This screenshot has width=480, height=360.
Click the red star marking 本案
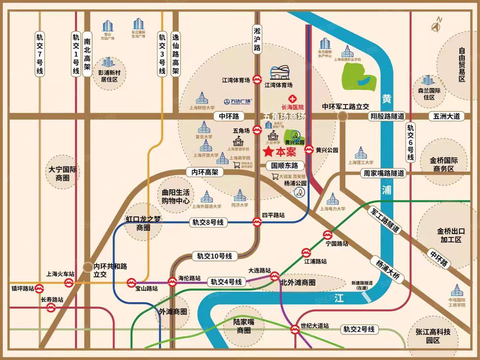coord(268,152)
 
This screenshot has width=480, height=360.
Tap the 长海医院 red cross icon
coord(292,99)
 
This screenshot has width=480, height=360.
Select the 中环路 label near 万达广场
coord(229,116)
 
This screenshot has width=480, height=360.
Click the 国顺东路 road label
coord(284,165)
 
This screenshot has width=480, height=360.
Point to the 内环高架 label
coord(205,172)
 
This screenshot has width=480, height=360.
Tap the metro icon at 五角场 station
coord(257,130)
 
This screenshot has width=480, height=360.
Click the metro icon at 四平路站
coord(257,222)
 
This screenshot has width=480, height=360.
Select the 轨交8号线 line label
coord(208,222)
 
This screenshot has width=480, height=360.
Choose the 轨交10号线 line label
coord(214,256)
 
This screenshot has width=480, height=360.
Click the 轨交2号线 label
coord(359,329)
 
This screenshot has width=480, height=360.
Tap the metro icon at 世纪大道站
coord(295,329)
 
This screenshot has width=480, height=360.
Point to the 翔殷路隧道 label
coord(387,116)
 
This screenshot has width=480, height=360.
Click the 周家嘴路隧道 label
coord(384,173)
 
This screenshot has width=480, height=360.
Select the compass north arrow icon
coord(436,25)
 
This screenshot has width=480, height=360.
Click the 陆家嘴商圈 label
coord(244,326)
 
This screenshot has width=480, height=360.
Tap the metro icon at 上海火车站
coord(69,283)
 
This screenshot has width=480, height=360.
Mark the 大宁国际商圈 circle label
coord(62,174)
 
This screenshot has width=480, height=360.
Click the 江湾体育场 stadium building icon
coord(280,73)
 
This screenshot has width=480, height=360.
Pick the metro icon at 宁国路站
coord(328,235)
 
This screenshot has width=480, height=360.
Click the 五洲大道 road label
coord(446,116)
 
